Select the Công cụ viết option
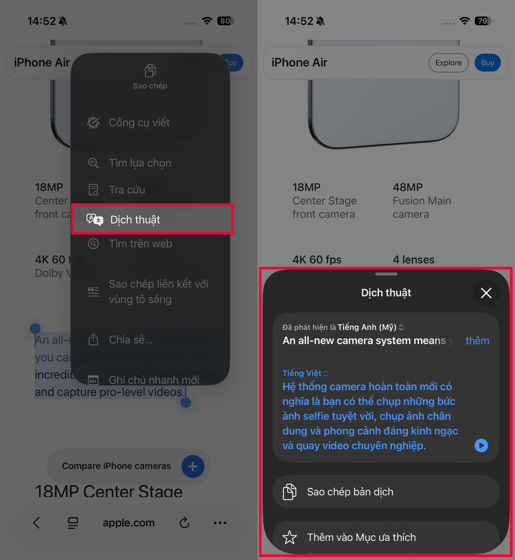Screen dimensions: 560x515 [x=139, y=123]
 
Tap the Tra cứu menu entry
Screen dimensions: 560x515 [x=127, y=190]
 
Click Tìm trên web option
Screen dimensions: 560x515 [x=140, y=244]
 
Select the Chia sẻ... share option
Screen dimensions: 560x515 [x=131, y=340]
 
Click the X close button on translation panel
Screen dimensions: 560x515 [x=486, y=293]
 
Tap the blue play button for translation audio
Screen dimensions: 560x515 [x=481, y=445]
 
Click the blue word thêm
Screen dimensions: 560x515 [x=477, y=341]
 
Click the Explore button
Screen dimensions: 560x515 [x=448, y=63]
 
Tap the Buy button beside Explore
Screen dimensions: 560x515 [x=487, y=63]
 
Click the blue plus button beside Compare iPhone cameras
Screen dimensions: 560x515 [x=193, y=466]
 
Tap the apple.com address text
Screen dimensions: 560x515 [x=129, y=523]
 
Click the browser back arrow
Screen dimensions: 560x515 [x=36, y=523]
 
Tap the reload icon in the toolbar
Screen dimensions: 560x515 [x=184, y=523]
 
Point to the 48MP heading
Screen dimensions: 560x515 [x=408, y=187]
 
